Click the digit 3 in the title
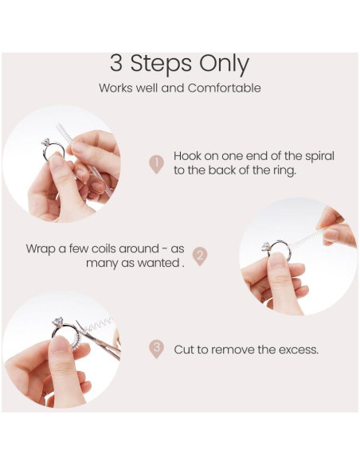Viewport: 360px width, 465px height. click(116, 63)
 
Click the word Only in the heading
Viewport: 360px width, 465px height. click(224, 65)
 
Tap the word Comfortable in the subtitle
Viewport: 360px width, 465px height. click(224, 88)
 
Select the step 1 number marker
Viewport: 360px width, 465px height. click(156, 164)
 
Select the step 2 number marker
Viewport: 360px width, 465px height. click(200, 256)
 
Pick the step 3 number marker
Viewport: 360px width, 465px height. click(156, 349)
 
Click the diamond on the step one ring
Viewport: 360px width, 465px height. click(45, 143)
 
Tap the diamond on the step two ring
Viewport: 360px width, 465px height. click(266, 247)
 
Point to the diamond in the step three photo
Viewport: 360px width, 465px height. click(57, 322)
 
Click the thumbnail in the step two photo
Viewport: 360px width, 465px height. click(277, 260)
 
